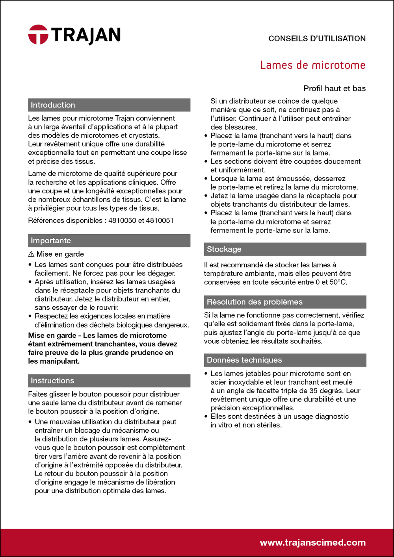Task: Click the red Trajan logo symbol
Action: [38, 35]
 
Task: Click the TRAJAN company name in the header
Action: [86, 35]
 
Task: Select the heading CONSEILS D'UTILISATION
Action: [317, 39]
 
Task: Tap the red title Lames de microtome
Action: [313, 65]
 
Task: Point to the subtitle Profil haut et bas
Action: [335, 89]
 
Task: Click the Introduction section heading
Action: [53, 105]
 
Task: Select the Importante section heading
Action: [51, 241]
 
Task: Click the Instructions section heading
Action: [52, 381]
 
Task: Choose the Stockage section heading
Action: [224, 249]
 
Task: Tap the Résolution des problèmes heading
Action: [255, 302]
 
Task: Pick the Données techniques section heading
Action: [244, 360]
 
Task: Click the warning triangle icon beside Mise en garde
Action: [32, 254]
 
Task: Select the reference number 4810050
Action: [122, 220]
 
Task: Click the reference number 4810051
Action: [160, 220]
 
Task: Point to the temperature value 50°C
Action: [338, 282]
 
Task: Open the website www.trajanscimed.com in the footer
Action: [313, 542]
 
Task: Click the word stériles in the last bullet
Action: [268, 425]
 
